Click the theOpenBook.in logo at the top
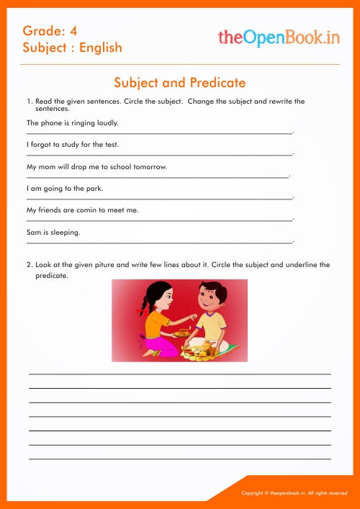coord(278,39)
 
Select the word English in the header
coord(101,48)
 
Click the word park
coord(94,189)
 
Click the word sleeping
coord(66,233)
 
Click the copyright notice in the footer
coord(294,493)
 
